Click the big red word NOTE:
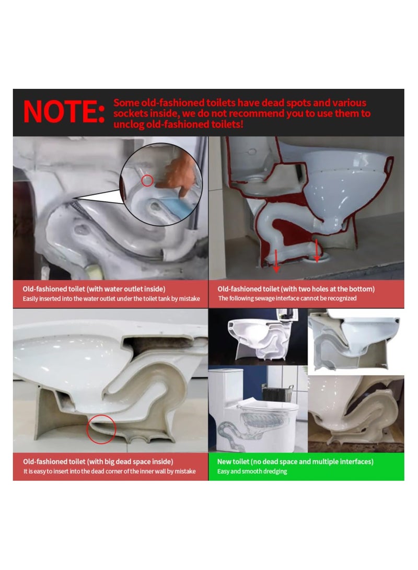tap(64, 112)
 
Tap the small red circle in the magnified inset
tap(148, 181)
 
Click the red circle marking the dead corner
tap(101, 429)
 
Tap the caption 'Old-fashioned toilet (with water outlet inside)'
tap(94, 288)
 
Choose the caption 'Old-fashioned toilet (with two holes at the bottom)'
tap(296, 288)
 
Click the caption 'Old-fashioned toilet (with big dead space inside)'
tap(98, 461)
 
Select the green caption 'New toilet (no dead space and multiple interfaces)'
tap(295, 461)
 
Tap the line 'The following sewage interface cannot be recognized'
tap(287, 298)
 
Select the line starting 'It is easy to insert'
tap(109, 471)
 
